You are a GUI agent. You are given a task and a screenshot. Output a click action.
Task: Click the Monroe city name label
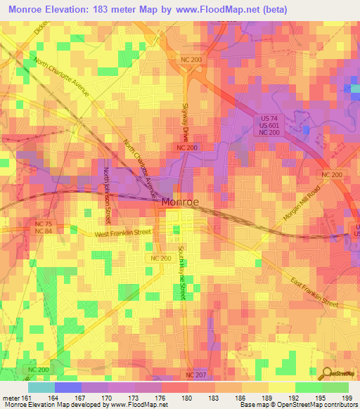[180, 202]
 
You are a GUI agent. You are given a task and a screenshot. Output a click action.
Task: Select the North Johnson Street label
[108, 190]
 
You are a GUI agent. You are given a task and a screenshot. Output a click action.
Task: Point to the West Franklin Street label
[124, 232]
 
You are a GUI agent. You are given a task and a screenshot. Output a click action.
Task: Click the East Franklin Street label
[314, 291]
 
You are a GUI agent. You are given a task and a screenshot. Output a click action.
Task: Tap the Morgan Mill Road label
[303, 206]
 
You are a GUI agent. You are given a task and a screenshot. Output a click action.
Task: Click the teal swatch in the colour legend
[41, 387]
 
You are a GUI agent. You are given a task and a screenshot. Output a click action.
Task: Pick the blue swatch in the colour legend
[68, 387]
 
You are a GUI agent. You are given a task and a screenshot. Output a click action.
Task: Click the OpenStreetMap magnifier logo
[328, 374]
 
